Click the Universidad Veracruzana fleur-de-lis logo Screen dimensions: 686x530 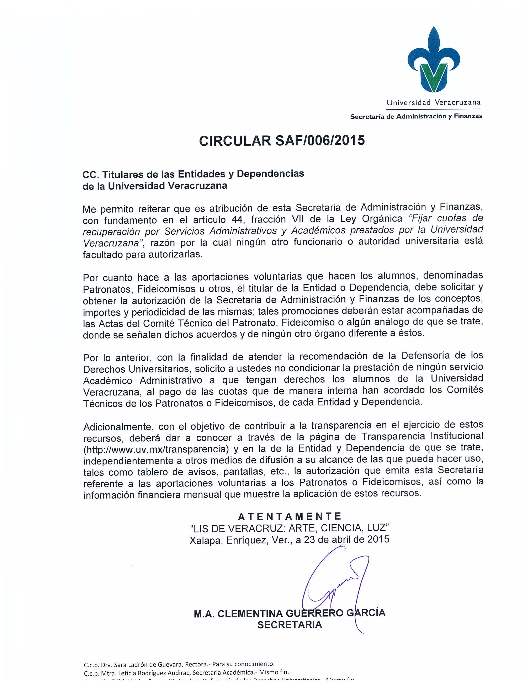click(x=434, y=60)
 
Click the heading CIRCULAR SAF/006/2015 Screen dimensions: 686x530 click(x=282, y=140)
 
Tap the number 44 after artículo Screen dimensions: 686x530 click(x=238, y=219)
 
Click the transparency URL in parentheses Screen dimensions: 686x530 click(x=156, y=449)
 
